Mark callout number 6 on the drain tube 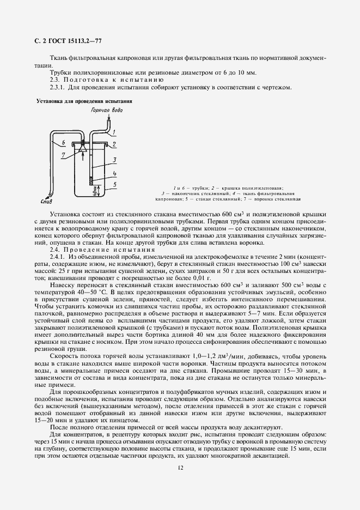pyautogui.click(x=63, y=143)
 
